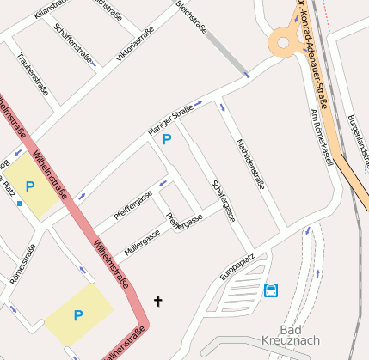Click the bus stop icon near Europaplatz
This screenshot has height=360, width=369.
tap(271, 290)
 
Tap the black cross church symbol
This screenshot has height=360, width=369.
tap(157, 301)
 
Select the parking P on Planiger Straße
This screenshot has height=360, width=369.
tap(167, 139)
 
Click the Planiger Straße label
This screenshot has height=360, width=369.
tap(170, 119)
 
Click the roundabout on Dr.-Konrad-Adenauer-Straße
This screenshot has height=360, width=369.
tap(283, 40)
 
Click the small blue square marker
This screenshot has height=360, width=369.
tap(20, 204)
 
